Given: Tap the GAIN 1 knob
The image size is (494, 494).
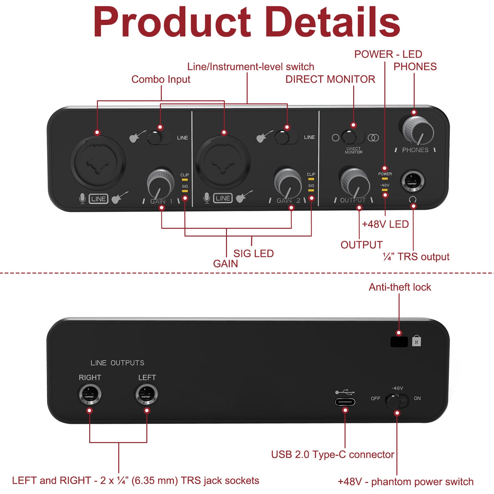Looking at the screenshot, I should pos(160,184).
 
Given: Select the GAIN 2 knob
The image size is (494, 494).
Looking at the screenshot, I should pos(288,183).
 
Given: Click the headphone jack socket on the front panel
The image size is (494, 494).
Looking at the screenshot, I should pos(413,181).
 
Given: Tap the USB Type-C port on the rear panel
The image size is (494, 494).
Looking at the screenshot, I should pos(345,402).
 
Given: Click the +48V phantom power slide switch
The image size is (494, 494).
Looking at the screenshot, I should pos(397,401).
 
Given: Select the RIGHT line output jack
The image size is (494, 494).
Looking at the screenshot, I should pos(90,394).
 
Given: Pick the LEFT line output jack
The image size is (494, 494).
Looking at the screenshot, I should pos(146,394).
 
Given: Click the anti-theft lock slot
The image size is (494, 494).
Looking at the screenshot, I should pos(399,342).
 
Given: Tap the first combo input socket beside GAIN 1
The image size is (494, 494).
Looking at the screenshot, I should pos(98,162).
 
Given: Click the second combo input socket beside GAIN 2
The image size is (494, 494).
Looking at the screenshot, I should pos(223,162).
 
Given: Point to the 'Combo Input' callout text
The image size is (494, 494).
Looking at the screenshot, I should pos(161,79).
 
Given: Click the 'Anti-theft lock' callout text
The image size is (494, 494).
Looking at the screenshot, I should pos(400,287).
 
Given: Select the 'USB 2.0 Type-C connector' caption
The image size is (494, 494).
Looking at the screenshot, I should pos(332,455).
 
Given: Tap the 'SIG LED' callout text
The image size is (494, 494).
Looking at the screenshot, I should pos(253,254).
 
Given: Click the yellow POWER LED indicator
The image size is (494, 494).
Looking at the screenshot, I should pos(385,178).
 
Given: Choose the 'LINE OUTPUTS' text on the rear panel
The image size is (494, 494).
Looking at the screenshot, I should pos(117,363).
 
